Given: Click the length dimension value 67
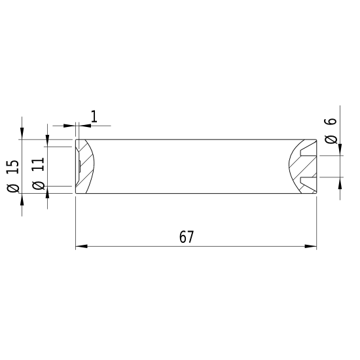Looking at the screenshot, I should pyautogui.click(x=187, y=237).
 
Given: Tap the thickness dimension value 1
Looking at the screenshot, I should pyautogui.click(x=94, y=117).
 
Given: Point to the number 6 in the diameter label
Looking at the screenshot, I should pyautogui.click(x=331, y=122).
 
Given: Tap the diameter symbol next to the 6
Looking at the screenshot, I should pyautogui.click(x=331, y=139).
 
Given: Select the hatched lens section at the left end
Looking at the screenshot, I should pyautogui.click(x=85, y=166).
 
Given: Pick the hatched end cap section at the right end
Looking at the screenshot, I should pyautogui.click(x=300, y=166).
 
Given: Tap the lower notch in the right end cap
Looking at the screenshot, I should pyautogui.click(x=308, y=177).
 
